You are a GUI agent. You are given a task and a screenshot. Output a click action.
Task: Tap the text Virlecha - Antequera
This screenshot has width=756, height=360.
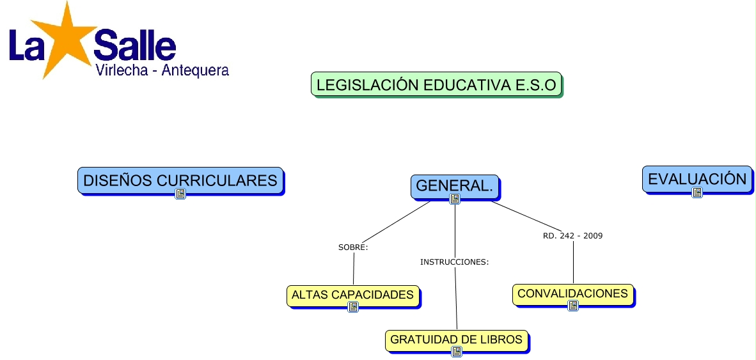tap(162, 70)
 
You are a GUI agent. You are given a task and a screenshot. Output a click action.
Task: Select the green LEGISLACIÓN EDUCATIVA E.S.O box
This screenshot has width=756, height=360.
tap(436, 84)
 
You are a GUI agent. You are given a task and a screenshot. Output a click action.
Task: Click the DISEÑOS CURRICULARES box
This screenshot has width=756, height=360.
tap(180, 180)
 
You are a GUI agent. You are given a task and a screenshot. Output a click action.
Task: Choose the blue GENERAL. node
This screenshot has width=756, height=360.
tap(454, 185)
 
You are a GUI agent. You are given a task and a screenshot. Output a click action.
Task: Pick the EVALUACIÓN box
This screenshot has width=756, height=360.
tap(697, 178)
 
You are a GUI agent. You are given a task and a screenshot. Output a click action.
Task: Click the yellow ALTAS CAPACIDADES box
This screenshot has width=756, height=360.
tap(352, 295)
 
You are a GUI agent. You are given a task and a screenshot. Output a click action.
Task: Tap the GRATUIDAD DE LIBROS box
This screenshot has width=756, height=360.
tap(456, 340)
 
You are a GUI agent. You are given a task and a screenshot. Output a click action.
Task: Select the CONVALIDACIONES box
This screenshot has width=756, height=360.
tap(572, 293)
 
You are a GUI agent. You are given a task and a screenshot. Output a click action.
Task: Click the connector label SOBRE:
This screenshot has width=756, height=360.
tap(353, 247)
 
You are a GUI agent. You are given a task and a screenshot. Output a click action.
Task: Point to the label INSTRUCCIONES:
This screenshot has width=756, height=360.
tap(454, 262)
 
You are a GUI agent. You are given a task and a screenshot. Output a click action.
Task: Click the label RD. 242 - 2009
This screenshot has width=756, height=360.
tap(572, 235)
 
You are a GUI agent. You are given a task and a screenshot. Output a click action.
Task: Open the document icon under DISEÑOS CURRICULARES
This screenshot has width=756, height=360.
tap(180, 194)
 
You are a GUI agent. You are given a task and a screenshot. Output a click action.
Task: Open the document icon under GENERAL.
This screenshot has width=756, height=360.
tap(455, 199)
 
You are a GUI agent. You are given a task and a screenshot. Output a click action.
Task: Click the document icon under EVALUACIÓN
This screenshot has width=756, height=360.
tap(697, 192)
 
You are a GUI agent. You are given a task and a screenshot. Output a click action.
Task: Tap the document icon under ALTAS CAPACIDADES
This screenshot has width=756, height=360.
tap(353, 307)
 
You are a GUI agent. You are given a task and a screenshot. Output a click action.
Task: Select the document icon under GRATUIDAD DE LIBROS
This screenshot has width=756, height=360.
tap(457, 352)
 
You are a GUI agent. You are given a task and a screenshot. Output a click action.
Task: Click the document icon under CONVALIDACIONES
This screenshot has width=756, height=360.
tap(573, 306)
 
